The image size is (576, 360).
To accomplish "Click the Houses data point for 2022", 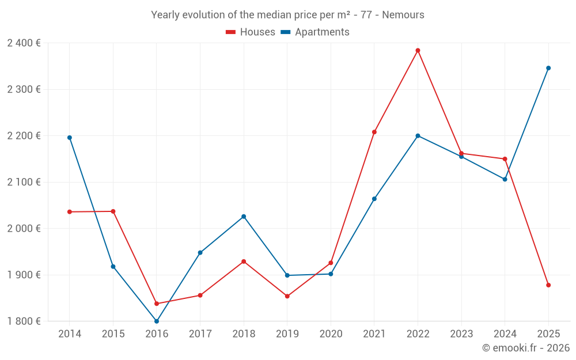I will [418, 51].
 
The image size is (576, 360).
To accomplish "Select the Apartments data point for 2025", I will [548, 68].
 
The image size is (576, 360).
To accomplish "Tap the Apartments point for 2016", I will [157, 321].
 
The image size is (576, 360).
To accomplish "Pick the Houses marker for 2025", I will [548, 285].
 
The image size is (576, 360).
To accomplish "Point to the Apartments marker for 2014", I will [70, 138].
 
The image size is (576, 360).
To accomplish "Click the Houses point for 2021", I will [374, 132].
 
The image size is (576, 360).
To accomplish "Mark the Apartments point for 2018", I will [244, 217].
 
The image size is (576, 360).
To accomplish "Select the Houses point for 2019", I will [287, 296].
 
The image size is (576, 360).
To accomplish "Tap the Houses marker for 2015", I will [113, 211].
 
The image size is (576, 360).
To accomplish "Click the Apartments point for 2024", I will [505, 179].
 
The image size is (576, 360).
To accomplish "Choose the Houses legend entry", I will [251, 32].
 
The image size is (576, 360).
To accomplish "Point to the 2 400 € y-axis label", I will [24, 43].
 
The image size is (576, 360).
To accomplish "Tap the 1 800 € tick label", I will [24, 321].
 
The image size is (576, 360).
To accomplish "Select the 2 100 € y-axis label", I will [24, 182].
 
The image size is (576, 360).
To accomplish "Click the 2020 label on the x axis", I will [331, 334].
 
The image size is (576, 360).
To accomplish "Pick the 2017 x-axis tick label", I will [200, 334].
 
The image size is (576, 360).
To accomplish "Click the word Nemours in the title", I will [403, 15].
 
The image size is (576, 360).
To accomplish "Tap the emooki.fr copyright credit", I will [526, 348].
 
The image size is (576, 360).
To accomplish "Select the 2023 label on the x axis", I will [461, 334].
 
